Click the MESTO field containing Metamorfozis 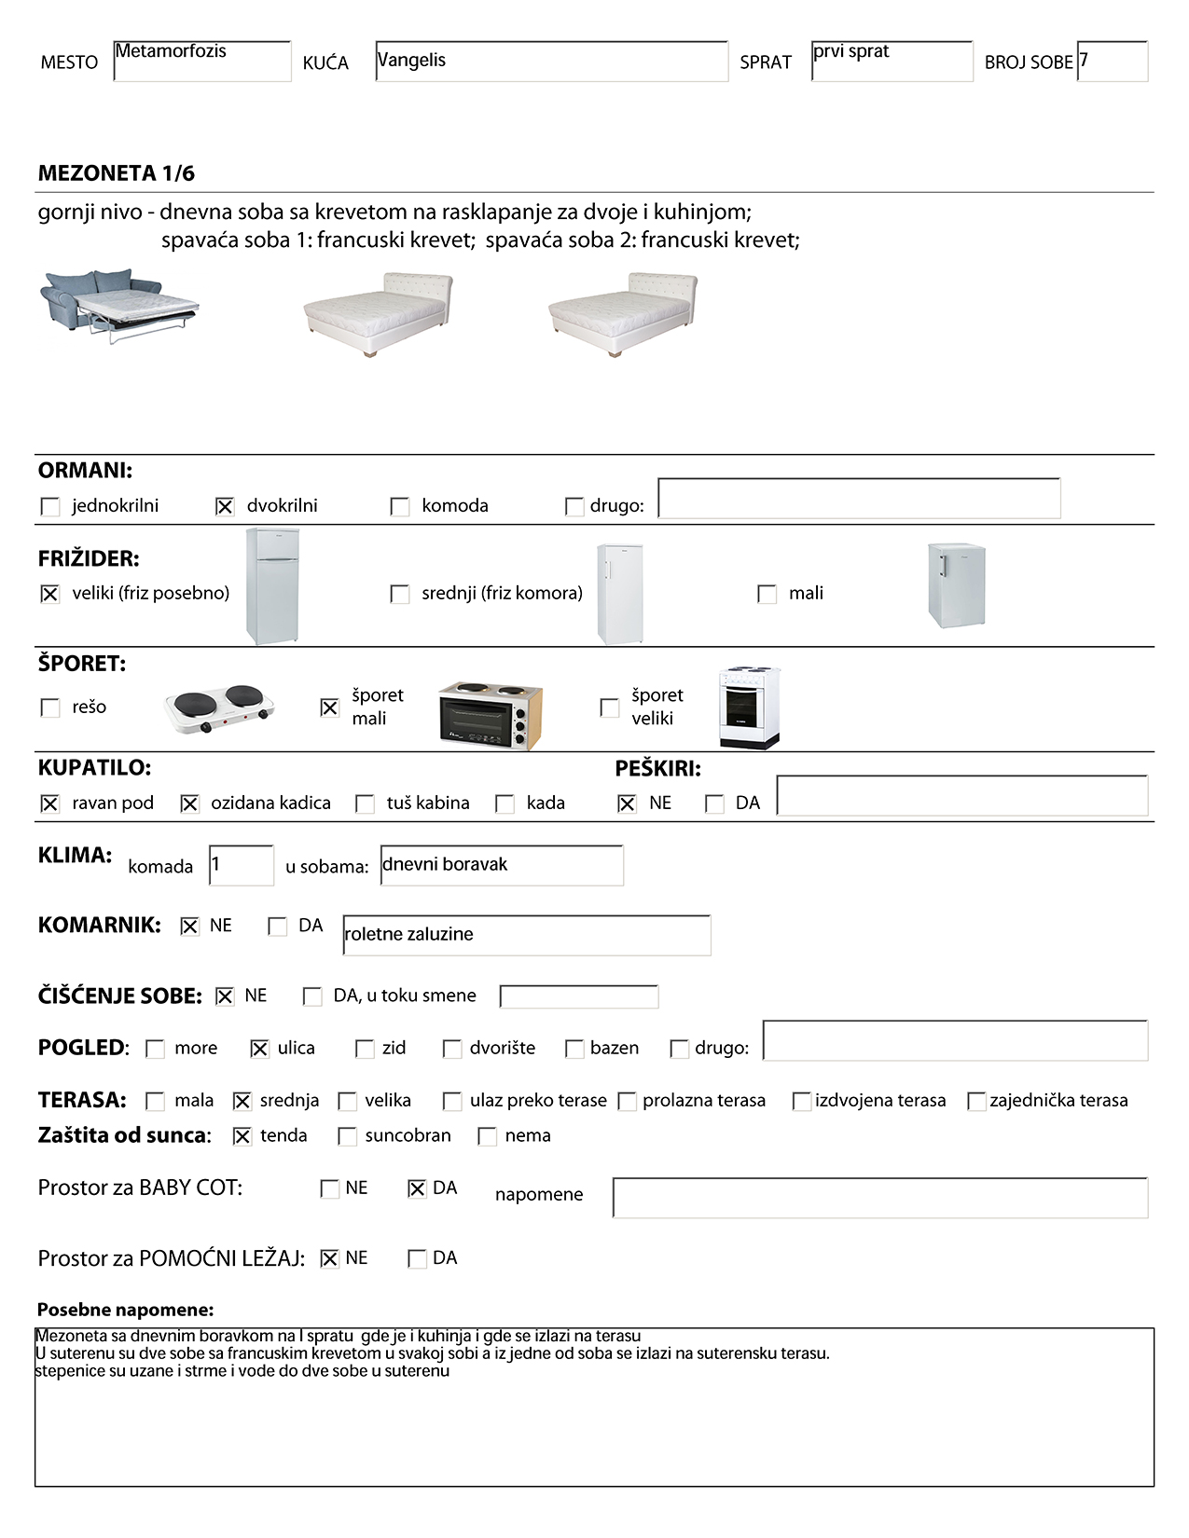[201, 62]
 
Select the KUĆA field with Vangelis [551, 62]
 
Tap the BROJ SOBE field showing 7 [1112, 62]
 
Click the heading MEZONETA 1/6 [117, 173]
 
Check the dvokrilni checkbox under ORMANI [225, 506]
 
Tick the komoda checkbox [400, 506]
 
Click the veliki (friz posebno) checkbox [50, 594]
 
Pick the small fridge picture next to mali [956, 585]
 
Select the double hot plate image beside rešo [220, 709]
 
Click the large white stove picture [749, 707]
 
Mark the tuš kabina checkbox [366, 803]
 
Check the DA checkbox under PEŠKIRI [714, 803]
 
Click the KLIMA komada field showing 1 [241, 865]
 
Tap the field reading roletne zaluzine [526, 935]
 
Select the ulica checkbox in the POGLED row [260, 1049]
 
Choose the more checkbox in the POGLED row [156, 1049]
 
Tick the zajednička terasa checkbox [976, 1101]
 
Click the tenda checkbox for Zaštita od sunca [242, 1136]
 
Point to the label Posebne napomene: [126, 1310]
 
